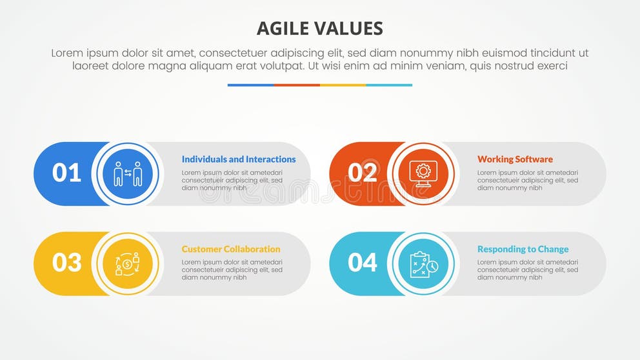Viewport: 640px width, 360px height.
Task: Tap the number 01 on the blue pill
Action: (x=66, y=174)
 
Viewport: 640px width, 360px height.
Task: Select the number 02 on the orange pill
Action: (x=363, y=174)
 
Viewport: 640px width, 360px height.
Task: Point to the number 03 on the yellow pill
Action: (x=66, y=263)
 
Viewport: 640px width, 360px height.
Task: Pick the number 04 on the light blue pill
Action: (x=363, y=263)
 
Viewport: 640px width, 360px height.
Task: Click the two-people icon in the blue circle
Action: (x=127, y=174)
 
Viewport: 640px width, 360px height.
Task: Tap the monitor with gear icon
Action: (x=423, y=174)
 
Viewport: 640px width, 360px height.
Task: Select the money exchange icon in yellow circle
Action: (x=127, y=263)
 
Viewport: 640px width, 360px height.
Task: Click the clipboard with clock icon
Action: (x=423, y=263)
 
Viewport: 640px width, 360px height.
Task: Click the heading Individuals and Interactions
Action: (x=239, y=159)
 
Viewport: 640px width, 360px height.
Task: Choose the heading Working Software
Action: (x=515, y=159)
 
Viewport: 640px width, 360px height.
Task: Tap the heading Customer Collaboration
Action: (x=231, y=249)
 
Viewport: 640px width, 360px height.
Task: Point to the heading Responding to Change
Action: (x=523, y=249)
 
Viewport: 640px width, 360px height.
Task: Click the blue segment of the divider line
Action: (x=250, y=85)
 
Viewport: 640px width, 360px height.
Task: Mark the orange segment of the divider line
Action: (x=297, y=85)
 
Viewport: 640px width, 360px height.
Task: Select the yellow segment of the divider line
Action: (x=343, y=85)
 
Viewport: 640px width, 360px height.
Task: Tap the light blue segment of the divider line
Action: (x=389, y=85)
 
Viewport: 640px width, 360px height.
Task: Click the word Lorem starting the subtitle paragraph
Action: (x=67, y=53)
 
